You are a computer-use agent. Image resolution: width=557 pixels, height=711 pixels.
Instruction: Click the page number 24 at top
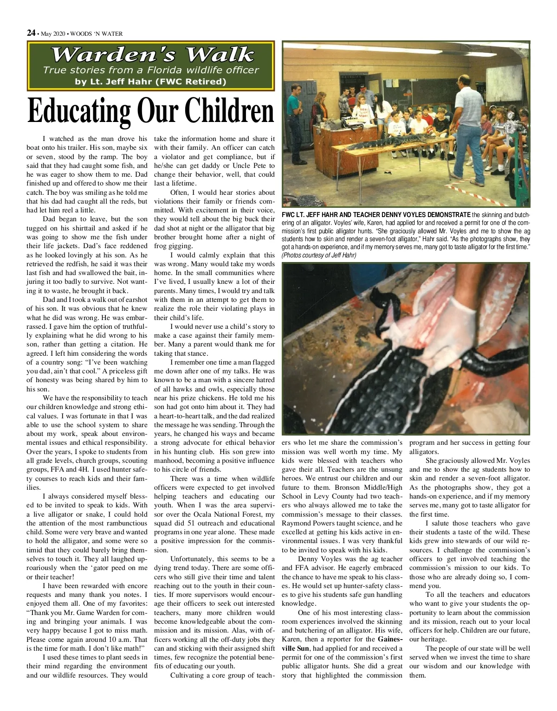(31, 33)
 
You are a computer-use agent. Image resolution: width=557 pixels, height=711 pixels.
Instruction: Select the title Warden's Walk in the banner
(152, 55)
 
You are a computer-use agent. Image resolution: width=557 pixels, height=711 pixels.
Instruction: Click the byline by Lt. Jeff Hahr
(150, 82)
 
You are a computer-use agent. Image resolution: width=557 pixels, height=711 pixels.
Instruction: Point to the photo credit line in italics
(318, 256)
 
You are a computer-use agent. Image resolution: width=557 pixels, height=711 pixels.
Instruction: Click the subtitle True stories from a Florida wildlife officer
(150, 70)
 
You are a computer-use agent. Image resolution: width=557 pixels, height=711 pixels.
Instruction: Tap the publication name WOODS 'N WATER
(97, 33)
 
